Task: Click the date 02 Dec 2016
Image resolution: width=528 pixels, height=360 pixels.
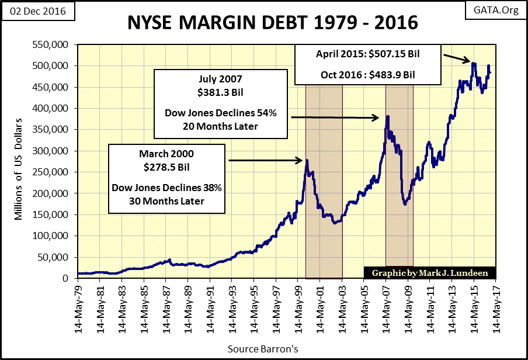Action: pyautogui.click(x=35, y=11)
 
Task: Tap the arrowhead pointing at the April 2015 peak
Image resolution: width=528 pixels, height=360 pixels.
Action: pyautogui.click(x=468, y=60)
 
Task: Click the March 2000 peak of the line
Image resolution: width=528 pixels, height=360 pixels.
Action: pyautogui.click(x=307, y=160)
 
